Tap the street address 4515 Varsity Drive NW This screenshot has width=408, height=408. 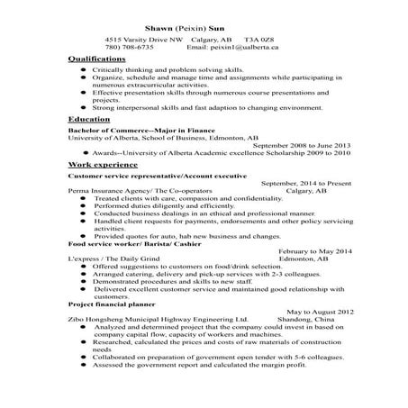142,40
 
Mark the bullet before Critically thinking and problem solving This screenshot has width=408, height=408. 84,69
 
